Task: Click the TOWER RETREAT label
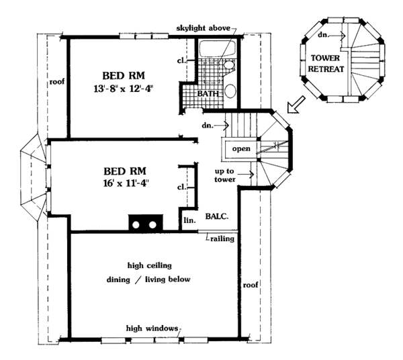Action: pos(326,63)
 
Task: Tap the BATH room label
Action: pos(208,93)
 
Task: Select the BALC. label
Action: pos(217,216)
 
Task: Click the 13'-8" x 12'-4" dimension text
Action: pos(124,89)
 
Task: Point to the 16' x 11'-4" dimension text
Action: pos(126,183)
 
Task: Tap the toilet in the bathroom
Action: pos(229,64)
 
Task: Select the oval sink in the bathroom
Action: pos(230,91)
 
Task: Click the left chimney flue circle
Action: pos(136,225)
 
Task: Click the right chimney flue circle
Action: pos(152,225)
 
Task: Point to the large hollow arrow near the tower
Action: pos(296,105)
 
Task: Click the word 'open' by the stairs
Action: pos(241,149)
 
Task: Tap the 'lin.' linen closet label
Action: pos(189,220)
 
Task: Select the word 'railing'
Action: pos(222,239)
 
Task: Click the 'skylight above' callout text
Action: pos(204,28)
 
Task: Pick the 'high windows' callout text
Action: pos(152,328)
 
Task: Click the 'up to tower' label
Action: pos(224,175)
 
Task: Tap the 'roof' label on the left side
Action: pos(57,82)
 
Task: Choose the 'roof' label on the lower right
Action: pos(251,285)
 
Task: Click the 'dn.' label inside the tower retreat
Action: pos(323,35)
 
